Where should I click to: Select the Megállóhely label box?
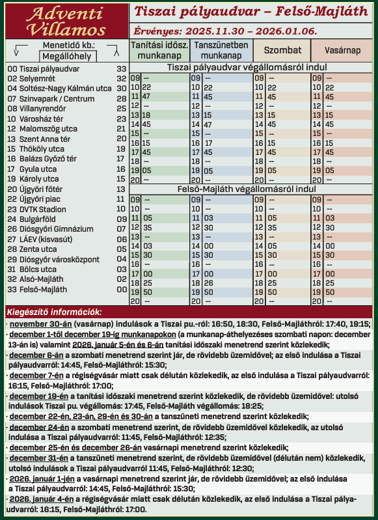pos(68,56)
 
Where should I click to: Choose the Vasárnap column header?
pos(342,50)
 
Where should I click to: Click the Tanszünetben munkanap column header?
pos(221,51)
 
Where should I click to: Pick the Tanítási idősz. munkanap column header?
pos(160,51)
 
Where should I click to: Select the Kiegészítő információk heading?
pos(54,311)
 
